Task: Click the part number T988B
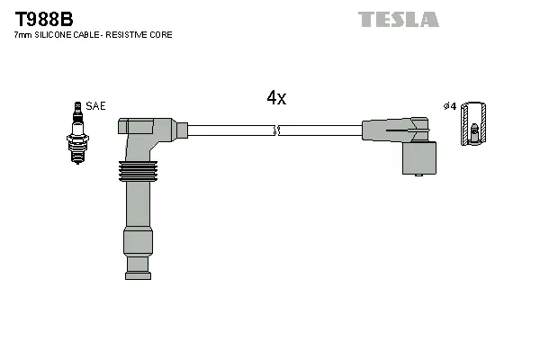click(43, 18)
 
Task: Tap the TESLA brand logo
click(398, 19)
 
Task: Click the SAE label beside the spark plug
click(95, 106)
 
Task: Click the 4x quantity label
click(275, 99)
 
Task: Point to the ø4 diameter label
click(450, 106)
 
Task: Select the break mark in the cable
click(277, 131)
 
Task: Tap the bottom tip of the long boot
click(138, 264)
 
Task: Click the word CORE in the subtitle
click(161, 35)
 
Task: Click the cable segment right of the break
click(319, 131)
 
